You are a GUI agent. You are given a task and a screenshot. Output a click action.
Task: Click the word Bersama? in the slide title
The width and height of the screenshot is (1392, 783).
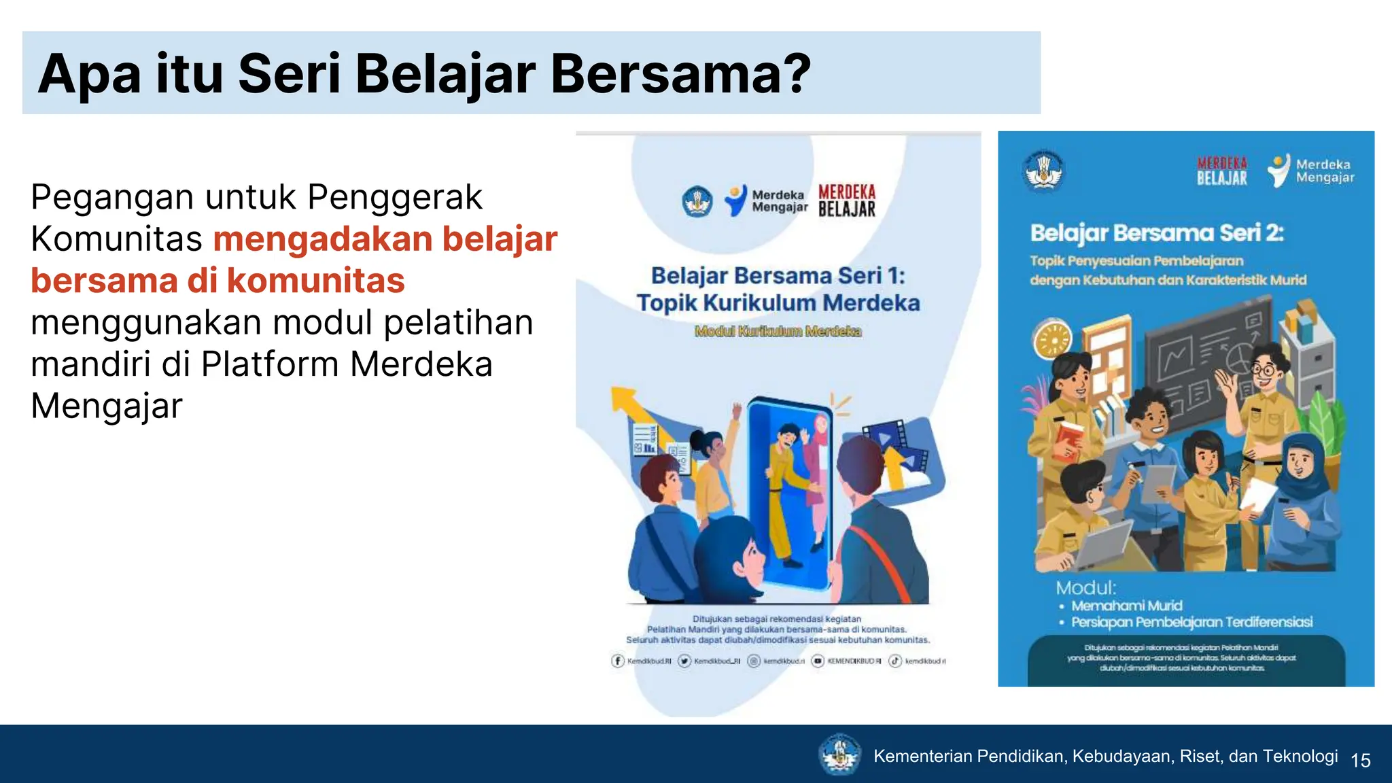coord(681,73)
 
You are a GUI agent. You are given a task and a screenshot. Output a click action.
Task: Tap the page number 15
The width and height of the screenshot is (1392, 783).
coord(1361,760)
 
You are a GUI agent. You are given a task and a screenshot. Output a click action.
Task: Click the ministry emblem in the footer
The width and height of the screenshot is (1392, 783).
coord(839,754)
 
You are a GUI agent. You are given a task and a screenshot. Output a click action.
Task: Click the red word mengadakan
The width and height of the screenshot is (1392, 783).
coord(324,239)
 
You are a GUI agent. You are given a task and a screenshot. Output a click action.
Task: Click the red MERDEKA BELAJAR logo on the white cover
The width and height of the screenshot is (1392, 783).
coord(847,201)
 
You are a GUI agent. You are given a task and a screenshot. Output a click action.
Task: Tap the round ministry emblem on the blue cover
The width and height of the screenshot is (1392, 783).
coord(1043,170)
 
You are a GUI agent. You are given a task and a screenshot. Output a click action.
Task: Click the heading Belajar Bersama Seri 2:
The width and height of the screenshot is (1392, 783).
coord(1156,233)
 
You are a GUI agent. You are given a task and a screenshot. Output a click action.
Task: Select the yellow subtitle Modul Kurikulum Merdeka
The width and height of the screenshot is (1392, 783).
coord(778,331)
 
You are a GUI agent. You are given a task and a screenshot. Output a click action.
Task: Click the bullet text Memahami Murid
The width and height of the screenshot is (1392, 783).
coord(1126,606)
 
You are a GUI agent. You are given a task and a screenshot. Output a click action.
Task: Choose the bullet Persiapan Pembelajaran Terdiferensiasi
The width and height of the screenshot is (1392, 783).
coord(1191,622)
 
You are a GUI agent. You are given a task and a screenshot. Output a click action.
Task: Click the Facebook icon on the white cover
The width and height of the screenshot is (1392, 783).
coord(618,661)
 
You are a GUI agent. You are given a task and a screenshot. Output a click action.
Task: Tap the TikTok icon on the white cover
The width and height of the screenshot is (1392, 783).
coord(895,661)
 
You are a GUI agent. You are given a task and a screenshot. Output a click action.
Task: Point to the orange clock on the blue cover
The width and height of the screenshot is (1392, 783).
coord(1051,338)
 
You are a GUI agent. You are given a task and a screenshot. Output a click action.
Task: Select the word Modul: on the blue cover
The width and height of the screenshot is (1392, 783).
coord(1086,588)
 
